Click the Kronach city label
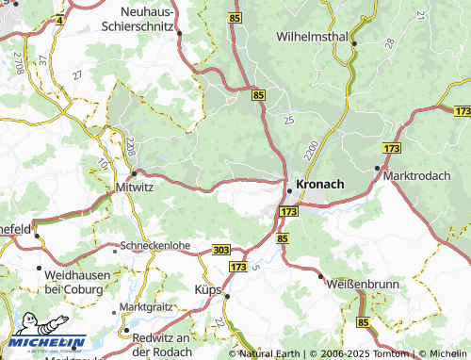(320, 183)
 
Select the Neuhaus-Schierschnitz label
(132, 20)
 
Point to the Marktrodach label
(422, 176)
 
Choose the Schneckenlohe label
(155, 248)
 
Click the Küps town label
(207, 288)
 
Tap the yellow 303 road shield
(220, 248)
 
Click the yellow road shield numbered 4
(61, 19)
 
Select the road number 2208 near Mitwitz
(129, 147)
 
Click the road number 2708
(18, 63)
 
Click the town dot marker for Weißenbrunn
(322, 276)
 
